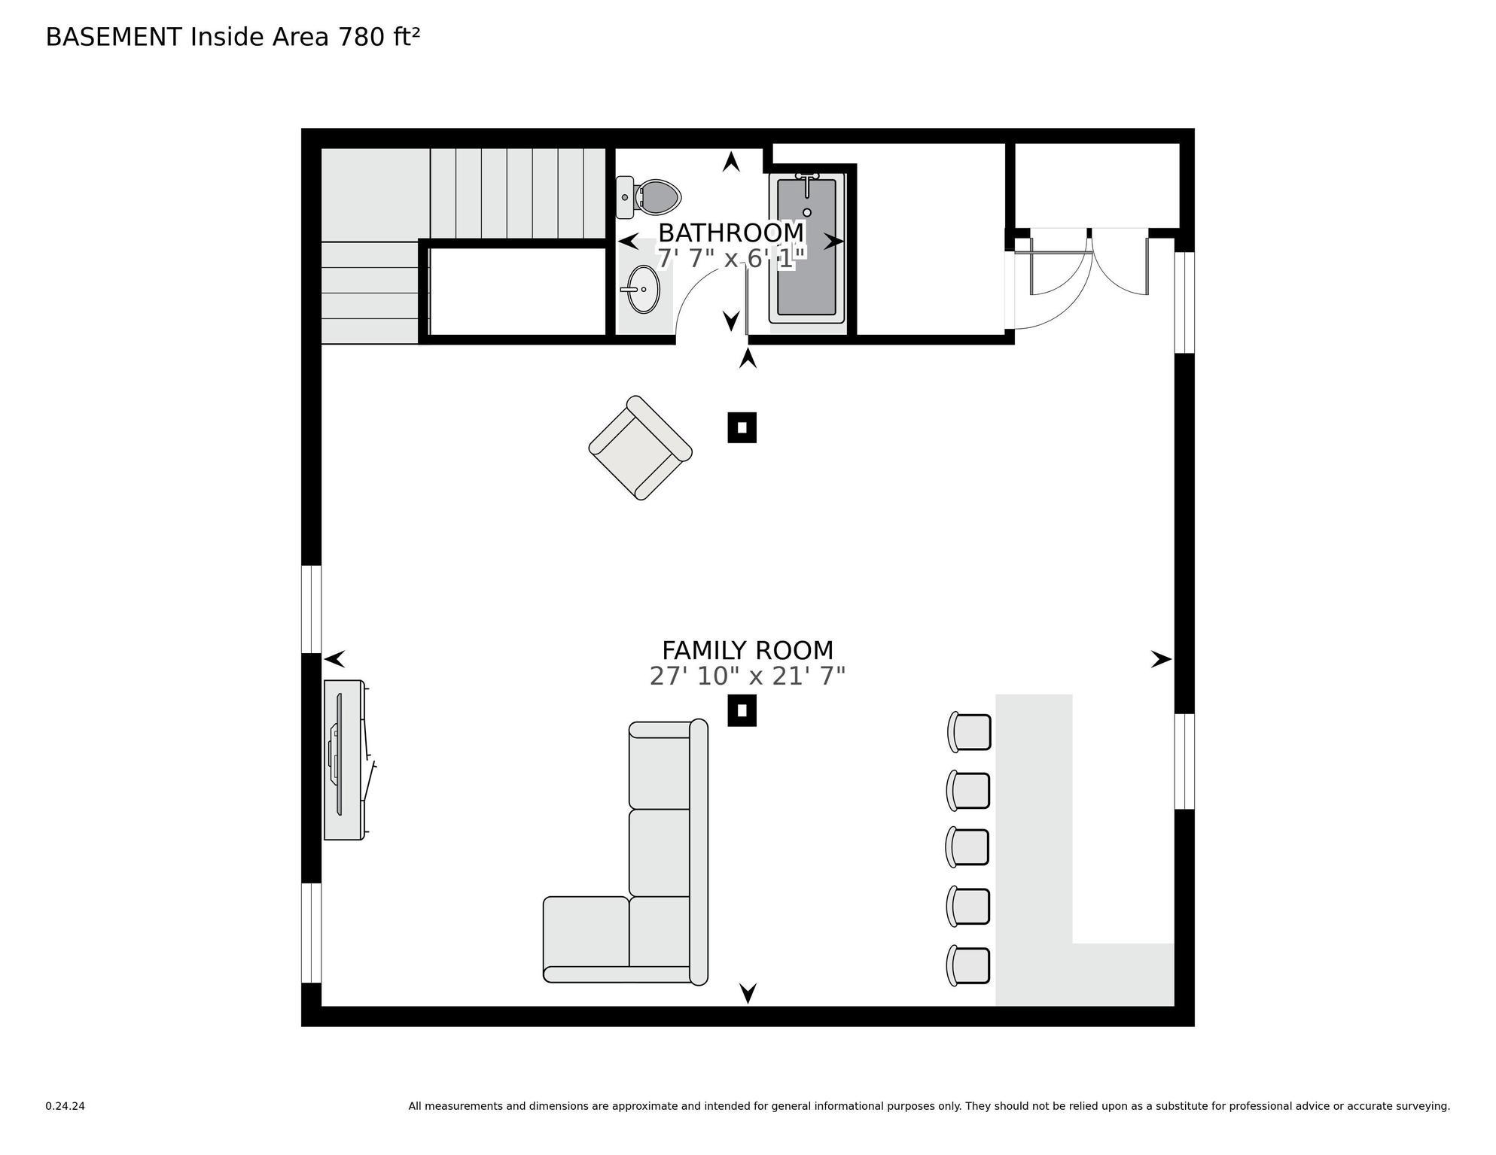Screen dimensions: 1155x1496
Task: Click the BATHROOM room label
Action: (x=730, y=233)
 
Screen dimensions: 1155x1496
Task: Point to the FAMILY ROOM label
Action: (x=747, y=650)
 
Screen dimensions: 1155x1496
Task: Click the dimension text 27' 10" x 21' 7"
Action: (x=747, y=676)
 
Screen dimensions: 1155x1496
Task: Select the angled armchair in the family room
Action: (x=640, y=448)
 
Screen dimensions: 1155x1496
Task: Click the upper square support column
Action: (x=742, y=427)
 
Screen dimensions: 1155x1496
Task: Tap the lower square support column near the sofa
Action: (x=742, y=710)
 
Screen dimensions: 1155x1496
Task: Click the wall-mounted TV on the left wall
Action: (x=340, y=760)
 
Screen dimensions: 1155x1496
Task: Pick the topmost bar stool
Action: (x=970, y=732)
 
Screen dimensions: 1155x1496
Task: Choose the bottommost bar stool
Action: (x=969, y=966)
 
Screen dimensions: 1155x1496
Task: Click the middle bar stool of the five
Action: (x=968, y=847)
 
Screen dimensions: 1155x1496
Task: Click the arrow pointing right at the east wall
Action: (x=1161, y=660)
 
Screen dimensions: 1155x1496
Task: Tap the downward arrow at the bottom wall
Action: (x=748, y=993)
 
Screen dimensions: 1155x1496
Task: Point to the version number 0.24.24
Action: (x=65, y=1106)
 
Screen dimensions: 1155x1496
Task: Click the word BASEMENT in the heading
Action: (x=114, y=37)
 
